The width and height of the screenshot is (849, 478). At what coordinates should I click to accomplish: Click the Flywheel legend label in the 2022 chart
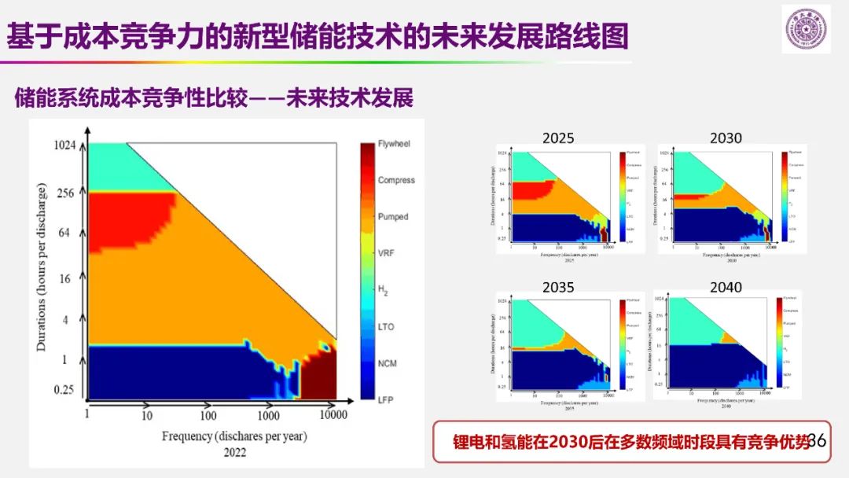click(394, 145)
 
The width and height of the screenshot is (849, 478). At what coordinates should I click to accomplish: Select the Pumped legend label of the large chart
click(393, 216)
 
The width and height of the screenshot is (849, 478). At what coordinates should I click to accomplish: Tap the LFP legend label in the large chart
click(385, 400)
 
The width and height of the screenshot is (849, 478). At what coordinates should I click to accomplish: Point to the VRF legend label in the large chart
click(388, 253)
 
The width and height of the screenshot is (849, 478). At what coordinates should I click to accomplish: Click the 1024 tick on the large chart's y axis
click(64, 145)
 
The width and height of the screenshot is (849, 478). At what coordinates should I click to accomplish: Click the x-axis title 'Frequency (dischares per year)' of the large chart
click(234, 436)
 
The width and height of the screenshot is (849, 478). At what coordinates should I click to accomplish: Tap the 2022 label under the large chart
click(234, 452)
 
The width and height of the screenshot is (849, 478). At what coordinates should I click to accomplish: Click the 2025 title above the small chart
click(558, 138)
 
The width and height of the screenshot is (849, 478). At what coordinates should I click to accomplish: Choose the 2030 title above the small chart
click(726, 138)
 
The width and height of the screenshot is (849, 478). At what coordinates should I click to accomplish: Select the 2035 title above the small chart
click(558, 288)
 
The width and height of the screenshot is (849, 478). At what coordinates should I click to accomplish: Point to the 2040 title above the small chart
click(726, 288)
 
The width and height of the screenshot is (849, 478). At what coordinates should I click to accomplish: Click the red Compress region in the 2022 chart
click(126, 220)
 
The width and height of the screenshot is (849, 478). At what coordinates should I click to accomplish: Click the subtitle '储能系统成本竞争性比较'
click(130, 99)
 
